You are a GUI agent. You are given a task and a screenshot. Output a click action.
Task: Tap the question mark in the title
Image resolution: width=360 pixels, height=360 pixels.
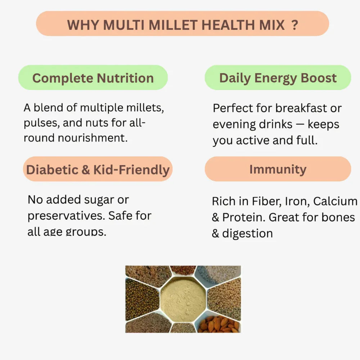pyautogui.click(x=294, y=25)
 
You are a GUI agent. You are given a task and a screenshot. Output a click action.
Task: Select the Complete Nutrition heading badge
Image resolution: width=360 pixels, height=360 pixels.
pyautogui.click(x=93, y=78)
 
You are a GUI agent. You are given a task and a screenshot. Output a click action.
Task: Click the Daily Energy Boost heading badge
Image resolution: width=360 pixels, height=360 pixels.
pyautogui.click(x=278, y=78)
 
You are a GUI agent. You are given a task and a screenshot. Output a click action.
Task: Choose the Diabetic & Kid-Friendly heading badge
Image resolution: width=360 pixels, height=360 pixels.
pyautogui.click(x=98, y=169)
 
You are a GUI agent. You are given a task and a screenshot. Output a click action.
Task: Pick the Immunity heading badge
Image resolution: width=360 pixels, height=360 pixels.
pyautogui.click(x=278, y=169)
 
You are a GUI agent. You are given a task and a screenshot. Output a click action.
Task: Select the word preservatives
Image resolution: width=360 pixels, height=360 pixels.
pyautogui.click(x=66, y=216)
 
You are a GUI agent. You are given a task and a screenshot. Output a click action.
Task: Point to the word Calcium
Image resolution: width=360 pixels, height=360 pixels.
pyautogui.click(x=335, y=201)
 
